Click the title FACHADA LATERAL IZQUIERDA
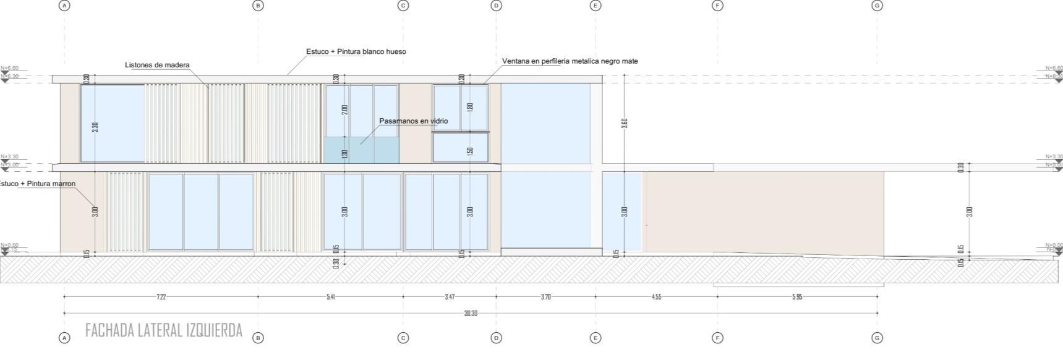(164, 330)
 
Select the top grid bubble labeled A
(64, 6)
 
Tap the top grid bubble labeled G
(877, 6)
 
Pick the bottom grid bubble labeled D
(496, 338)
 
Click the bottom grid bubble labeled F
(717, 338)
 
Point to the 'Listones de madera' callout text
(157, 65)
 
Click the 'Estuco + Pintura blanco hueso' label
(356, 51)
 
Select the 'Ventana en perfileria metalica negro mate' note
(570, 61)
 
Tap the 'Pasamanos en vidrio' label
(413, 121)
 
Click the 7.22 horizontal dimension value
(161, 297)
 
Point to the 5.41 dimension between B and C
(331, 297)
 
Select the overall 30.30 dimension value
(471, 314)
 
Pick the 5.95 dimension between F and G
(797, 297)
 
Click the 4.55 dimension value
(656, 297)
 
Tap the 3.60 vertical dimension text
(625, 122)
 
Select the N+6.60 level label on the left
(10, 68)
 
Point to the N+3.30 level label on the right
(1054, 156)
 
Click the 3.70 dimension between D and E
(545, 297)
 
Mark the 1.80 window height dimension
(470, 107)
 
